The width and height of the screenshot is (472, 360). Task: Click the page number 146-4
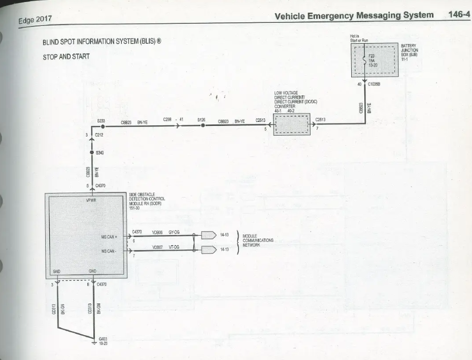coord(459,15)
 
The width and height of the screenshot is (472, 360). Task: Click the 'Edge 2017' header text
coord(35,20)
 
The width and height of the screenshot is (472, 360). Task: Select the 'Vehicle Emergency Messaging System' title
coord(354,15)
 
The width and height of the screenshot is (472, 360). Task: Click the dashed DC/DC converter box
coord(292,125)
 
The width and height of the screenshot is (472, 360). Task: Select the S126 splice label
coord(201,120)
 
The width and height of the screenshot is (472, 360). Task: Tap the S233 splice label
coord(101,120)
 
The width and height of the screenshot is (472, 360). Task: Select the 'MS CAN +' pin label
coord(110,237)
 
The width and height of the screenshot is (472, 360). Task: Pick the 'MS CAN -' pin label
coord(109,251)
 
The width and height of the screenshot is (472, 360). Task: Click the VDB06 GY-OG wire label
coord(166,232)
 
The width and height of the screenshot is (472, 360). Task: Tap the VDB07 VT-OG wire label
coord(166,247)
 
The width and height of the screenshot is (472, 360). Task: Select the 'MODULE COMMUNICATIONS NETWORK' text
coord(258,240)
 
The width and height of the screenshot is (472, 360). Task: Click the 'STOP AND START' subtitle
coord(66,56)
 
